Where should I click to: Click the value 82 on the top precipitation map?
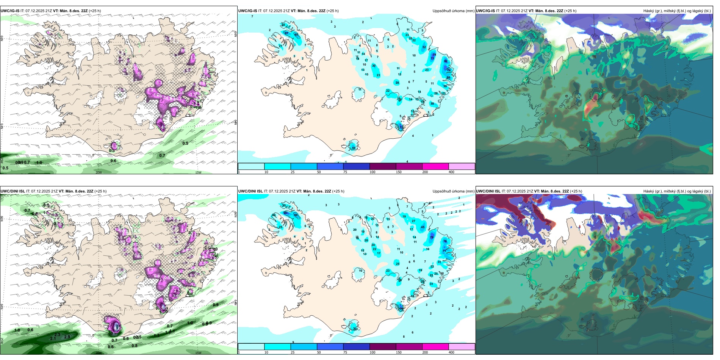(446, 61)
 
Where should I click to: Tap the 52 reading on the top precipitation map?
(424, 47)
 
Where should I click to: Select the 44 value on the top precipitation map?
(354, 148)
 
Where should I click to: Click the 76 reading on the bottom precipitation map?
(445, 241)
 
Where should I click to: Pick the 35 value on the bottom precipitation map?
(284, 205)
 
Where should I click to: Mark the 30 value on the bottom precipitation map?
(355, 329)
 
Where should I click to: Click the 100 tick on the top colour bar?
(373, 172)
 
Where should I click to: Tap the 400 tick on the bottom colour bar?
(451, 352)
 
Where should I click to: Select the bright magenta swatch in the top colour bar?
(435, 166)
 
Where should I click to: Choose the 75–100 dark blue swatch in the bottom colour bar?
(356, 347)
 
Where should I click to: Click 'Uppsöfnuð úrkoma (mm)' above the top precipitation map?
(453, 11)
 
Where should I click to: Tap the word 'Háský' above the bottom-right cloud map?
(649, 191)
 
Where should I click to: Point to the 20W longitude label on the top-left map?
(99, 172)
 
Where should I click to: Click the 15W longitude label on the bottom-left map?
(198, 353)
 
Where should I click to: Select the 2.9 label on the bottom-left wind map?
(67, 337)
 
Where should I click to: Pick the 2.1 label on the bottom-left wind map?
(53, 338)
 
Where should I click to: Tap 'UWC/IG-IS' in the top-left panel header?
(10, 11)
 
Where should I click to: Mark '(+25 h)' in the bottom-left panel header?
(100, 191)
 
